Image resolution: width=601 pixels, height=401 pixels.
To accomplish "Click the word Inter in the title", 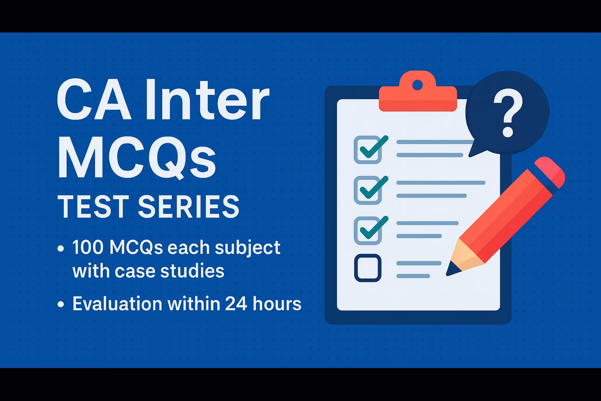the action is (x=208, y=99).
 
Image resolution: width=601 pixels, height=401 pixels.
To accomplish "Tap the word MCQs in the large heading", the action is (x=137, y=157).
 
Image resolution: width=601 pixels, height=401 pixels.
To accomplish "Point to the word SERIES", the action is (x=189, y=206).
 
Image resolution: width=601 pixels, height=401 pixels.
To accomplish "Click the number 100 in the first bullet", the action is (x=88, y=247).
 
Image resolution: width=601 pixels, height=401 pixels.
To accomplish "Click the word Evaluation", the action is (x=117, y=304).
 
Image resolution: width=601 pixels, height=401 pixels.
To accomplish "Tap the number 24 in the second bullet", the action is (x=236, y=304).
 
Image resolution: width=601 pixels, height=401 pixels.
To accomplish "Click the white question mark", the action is (x=508, y=113).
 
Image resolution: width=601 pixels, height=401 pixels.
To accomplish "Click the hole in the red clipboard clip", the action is (x=417, y=85).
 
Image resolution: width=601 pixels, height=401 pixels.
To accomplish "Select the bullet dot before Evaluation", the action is (x=61, y=304).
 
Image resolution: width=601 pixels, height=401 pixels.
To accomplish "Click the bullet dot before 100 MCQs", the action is (x=61, y=248).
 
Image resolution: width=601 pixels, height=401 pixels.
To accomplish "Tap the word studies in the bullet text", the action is (x=193, y=270).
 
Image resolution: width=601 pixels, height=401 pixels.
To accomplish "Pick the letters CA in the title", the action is (x=94, y=100).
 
